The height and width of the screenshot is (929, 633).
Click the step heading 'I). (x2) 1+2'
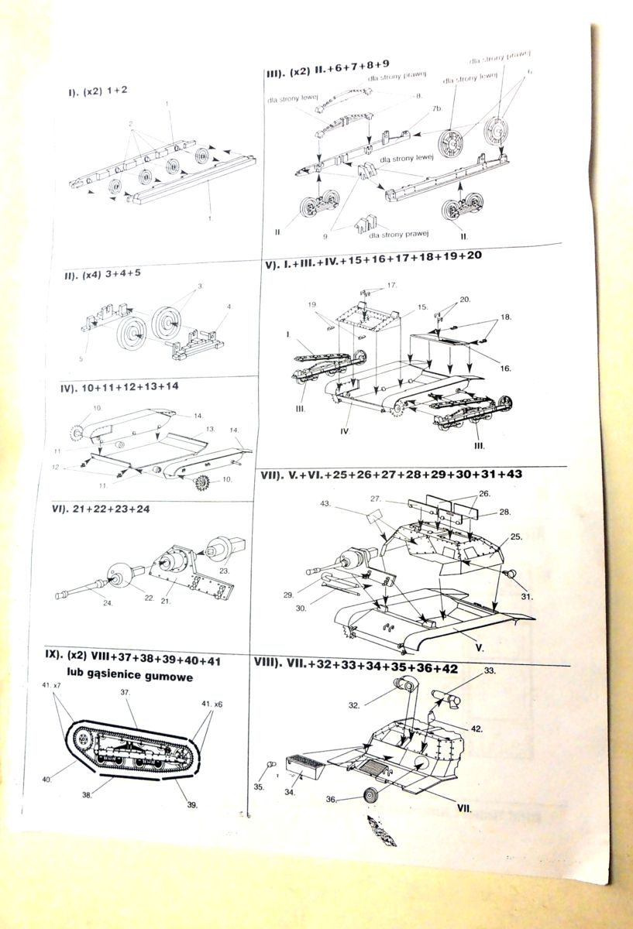click(98, 91)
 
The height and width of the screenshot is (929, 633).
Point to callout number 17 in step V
click(392, 285)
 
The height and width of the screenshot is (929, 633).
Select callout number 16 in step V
click(504, 368)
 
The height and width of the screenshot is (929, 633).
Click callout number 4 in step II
click(229, 307)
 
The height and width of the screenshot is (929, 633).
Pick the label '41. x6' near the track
click(212, 704)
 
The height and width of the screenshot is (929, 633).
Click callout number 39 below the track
click(192, 804)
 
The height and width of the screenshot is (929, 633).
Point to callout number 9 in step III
click(327, 235)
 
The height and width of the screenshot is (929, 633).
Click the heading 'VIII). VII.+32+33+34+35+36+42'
click(377, 665)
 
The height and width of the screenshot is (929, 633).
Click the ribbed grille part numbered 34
click(304, 768)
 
